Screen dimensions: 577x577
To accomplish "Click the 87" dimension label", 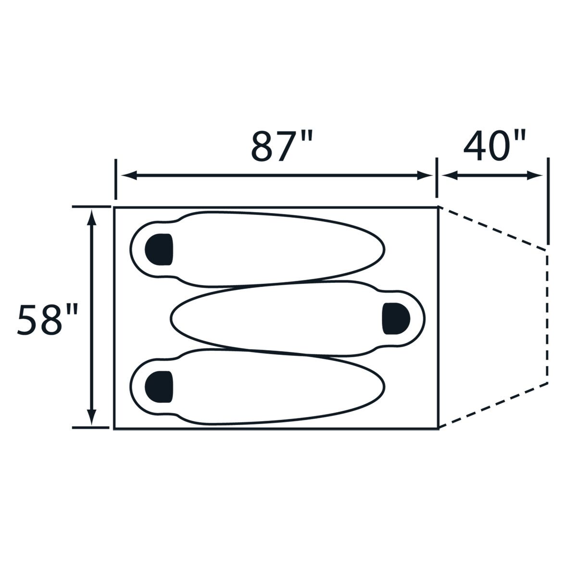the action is pyautogui.click(x=282, y=146).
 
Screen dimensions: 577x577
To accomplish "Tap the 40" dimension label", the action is pyautogui.click(x=494, y=146).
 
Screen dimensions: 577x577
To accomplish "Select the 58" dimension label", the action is pyautogui.click(x=48, y=319).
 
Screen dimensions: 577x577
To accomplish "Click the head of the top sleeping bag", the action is pyautogui.click(x=159, y=250).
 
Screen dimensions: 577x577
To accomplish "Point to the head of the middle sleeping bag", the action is pyautogui.click(x=396, y=319).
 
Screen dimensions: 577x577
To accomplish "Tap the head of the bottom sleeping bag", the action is pyautogui.click(x=159, y=387).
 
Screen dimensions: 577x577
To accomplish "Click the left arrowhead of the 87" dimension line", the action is pyautogui.click(x=129, y=176).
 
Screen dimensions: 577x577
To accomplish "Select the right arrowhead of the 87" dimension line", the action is pyautogui.click(x=424, y=176).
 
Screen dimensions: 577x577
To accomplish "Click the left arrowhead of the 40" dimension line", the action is pyautogui.click(x=450, y=176).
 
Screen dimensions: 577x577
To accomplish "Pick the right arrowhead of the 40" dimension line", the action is pyautogui.click(x=535, y=176).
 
